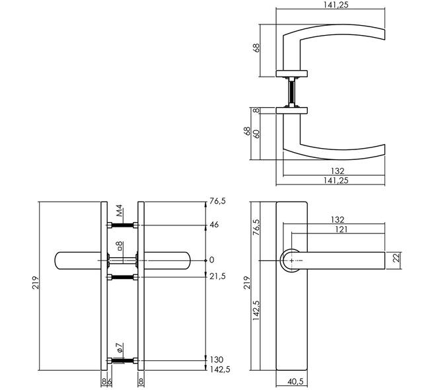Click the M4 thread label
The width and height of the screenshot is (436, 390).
(120, 211)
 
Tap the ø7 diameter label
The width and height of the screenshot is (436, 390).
(120, 348)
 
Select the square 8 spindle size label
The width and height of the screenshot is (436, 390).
(120, 245)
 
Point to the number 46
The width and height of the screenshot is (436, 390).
(214, 225)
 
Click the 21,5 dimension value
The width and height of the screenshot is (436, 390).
(217, 276)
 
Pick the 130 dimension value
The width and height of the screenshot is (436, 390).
(216, 360)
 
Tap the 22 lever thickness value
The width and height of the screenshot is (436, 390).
(397, 257)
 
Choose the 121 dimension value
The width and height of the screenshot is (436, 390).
(342, 229)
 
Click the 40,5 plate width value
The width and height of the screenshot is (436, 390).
(295, 381)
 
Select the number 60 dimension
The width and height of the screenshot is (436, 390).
(257, 134)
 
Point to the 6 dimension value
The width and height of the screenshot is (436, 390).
(110, 381)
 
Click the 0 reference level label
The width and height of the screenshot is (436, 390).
(212, 260)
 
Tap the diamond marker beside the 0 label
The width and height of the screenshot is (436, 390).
(205, 260)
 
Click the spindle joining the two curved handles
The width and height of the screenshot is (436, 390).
(291, 92)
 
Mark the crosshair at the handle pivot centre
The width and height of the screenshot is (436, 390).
(291, 260)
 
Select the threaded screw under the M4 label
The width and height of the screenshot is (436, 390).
(122, 225)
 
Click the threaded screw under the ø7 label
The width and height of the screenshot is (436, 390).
(122, 361)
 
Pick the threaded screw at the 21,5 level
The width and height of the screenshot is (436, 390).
(122, 277)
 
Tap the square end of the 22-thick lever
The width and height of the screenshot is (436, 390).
(384, 260)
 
